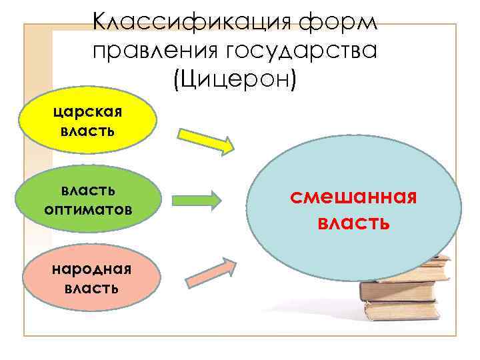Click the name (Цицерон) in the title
tap(234, 79)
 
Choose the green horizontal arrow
tap(198, 199)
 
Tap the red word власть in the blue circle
tap(353, 221)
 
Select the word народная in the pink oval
tap(92, 269)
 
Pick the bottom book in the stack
tap(407, 311)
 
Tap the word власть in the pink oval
tap(92, 288)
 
